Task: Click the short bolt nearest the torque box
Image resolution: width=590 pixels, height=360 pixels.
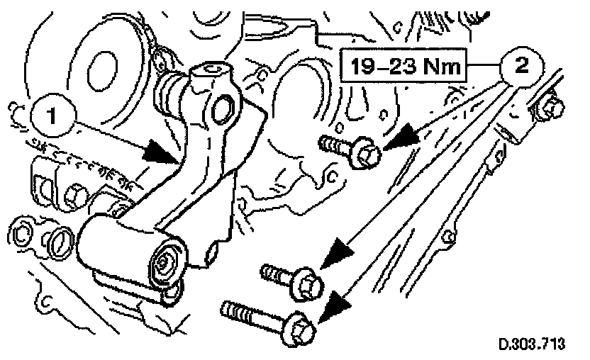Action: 352,148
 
